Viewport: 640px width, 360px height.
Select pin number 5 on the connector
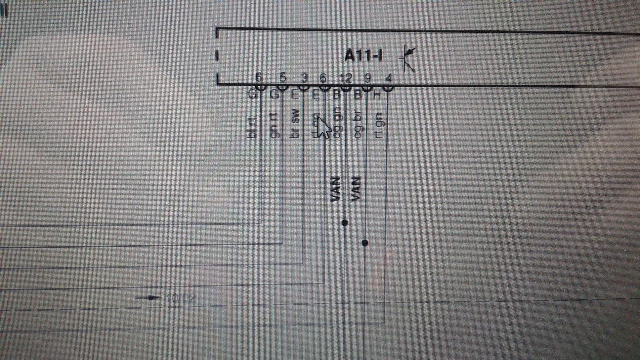pos(283,78)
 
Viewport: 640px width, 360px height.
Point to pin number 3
pos(304,78)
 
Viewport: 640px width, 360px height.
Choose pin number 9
pos(367,78)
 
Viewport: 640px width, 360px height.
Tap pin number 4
pos(389,79)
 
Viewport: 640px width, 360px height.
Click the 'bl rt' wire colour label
pos(252,127)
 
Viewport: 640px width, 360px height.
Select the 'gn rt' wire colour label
pos(274,126)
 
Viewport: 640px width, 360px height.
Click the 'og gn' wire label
pos(338,122)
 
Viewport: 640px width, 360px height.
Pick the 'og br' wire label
pos(358,123)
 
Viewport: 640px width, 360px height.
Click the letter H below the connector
pos(377,95)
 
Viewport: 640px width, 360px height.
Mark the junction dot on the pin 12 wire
pos(345,222)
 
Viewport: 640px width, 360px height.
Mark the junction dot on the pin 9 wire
pos(365,243)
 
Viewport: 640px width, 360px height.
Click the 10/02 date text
pos(180,298)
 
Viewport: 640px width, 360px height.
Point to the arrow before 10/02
pos(148,297)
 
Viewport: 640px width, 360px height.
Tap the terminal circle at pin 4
pos(388,88)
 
